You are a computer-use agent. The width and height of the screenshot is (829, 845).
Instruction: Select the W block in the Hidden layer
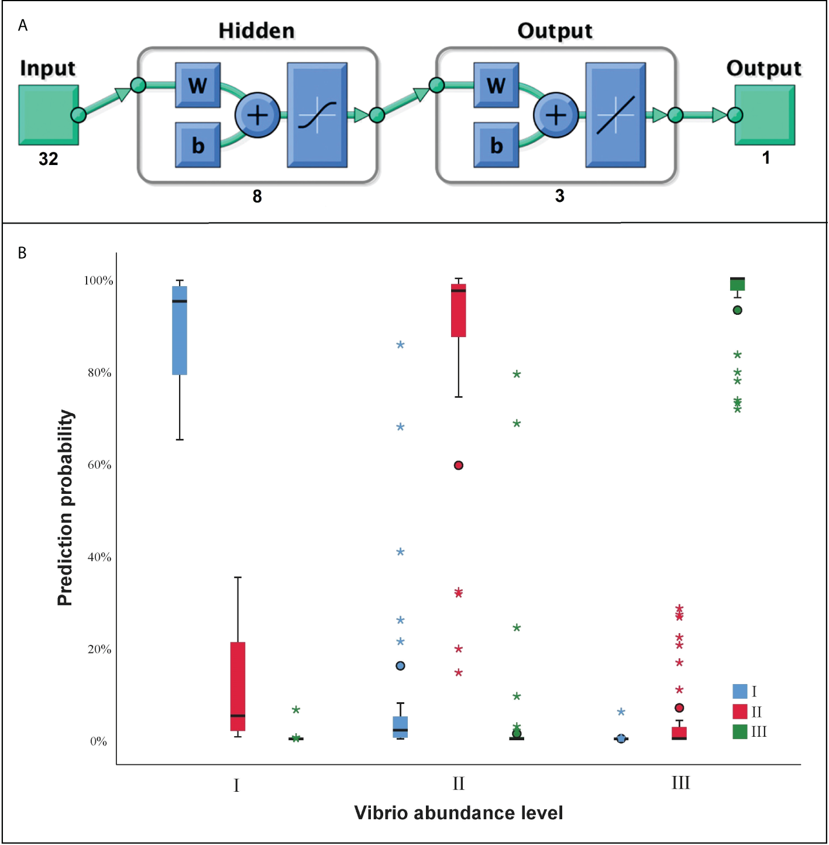pyautogui.click(x=198, y=85)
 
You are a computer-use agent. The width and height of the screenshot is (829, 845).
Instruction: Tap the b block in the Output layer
pyautogui.click(x=496, y=145)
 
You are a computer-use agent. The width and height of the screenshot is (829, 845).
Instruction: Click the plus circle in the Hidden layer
pyautogui.click(x=257, y=115)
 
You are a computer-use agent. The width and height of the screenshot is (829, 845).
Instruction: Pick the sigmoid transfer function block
pyautogui.click(x=317, y=115)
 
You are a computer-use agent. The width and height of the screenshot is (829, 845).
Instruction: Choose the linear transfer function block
pyautogui.click(x=615, y=115)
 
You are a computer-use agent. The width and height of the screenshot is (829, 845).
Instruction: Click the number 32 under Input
pyautogui.click(x=49, y=159)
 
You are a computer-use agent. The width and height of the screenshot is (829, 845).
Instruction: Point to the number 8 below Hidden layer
pyautogui.click(x=257, y=196)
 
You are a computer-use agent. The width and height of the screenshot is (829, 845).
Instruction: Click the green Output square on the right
pyautogui.click(x=765, y=115)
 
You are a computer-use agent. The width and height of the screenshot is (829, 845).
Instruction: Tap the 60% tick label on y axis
pyautogui.click(x=99, y=465)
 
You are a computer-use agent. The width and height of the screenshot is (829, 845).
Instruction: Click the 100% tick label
pyautogui.click(x=98, y=280)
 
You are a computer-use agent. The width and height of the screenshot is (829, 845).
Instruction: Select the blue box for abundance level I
pyautogui.click(x=180, y=331)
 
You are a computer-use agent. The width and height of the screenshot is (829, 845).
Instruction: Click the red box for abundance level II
pyautogui.click(x=459, y=311)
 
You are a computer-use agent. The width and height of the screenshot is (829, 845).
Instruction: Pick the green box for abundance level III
pyautogui.click(x=737, y=284)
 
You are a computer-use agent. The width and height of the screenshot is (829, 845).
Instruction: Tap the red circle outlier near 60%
pyautogui.click(x=459, y=465)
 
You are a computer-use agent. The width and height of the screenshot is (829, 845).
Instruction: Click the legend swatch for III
pyautogui.click(x=740, y=731)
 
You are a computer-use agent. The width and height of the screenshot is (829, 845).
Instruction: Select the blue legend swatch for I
pyautogui.click(x=740, y=691)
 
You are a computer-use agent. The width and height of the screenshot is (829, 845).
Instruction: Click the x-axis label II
pyautogui.click(x=459, y=784)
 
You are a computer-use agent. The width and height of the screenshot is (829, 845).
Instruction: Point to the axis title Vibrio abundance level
pyautogui.click(x=459, y=813)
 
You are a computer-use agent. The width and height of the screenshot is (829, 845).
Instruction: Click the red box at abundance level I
pyautogui.click(x=238, y=686)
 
